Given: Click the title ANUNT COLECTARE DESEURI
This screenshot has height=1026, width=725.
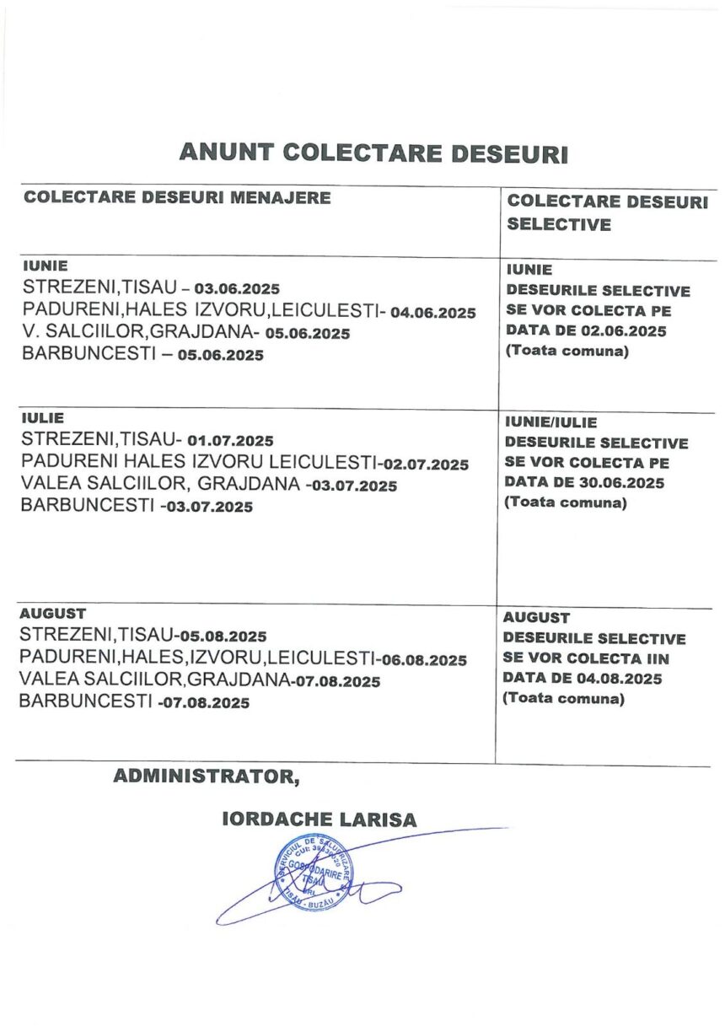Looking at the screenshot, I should point(373,153).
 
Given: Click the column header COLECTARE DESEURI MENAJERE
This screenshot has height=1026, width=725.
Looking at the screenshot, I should point(176,198).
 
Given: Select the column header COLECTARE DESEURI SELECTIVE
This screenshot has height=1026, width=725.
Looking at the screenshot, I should point(607,212).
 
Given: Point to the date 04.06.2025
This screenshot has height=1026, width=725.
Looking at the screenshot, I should point(433,312).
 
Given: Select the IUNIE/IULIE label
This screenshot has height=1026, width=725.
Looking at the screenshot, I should point(550,422).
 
